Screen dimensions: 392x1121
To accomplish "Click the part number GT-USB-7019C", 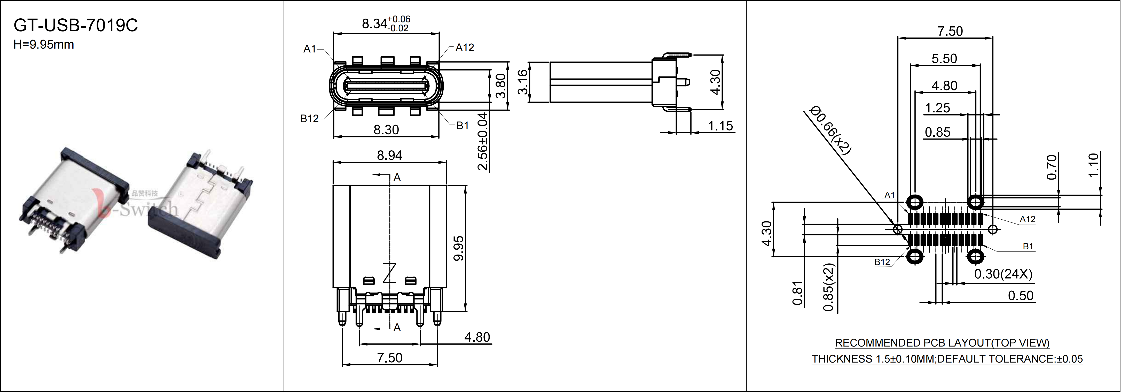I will point(76,25).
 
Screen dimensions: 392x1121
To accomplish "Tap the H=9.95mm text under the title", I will point(44,44).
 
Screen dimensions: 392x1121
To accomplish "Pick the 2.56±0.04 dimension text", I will point(483,142).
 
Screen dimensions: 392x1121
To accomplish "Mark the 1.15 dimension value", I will point(720,126).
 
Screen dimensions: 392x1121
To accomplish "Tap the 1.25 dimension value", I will point(937,108).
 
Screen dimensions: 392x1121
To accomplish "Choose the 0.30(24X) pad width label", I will point(1003,274).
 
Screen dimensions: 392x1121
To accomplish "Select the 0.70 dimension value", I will point(1051,167).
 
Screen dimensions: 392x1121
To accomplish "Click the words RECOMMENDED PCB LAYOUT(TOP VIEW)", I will point(942,343).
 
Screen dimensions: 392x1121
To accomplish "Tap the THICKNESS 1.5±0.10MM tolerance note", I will point(873,359).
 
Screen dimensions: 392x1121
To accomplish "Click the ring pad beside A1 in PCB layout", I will point(914,202).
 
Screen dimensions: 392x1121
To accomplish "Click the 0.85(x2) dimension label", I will point(829,287).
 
